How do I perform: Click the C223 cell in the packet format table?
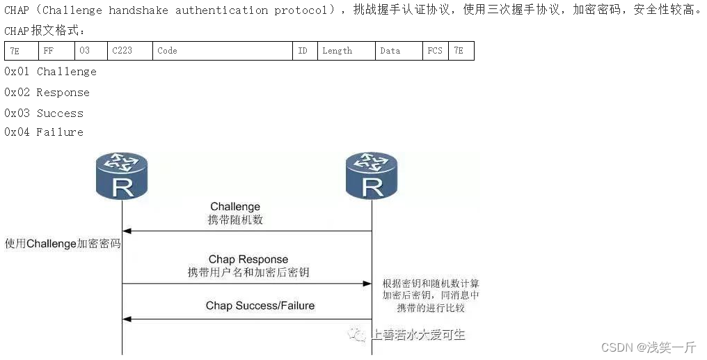[130, 51]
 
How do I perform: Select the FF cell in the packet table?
[56, 51]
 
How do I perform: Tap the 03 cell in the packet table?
[91, 51]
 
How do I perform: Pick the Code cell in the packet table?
[223, 51]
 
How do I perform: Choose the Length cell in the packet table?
[346, 51]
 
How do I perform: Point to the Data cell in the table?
[398, 51]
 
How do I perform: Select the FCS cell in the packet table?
[436, 51]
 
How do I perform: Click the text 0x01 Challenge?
[50, 72]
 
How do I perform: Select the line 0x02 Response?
[47, 93]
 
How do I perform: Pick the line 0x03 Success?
[44, 113]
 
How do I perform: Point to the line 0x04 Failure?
[44, 132]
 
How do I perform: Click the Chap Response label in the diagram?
[248, 260]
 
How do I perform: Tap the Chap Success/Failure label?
[260, 306]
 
